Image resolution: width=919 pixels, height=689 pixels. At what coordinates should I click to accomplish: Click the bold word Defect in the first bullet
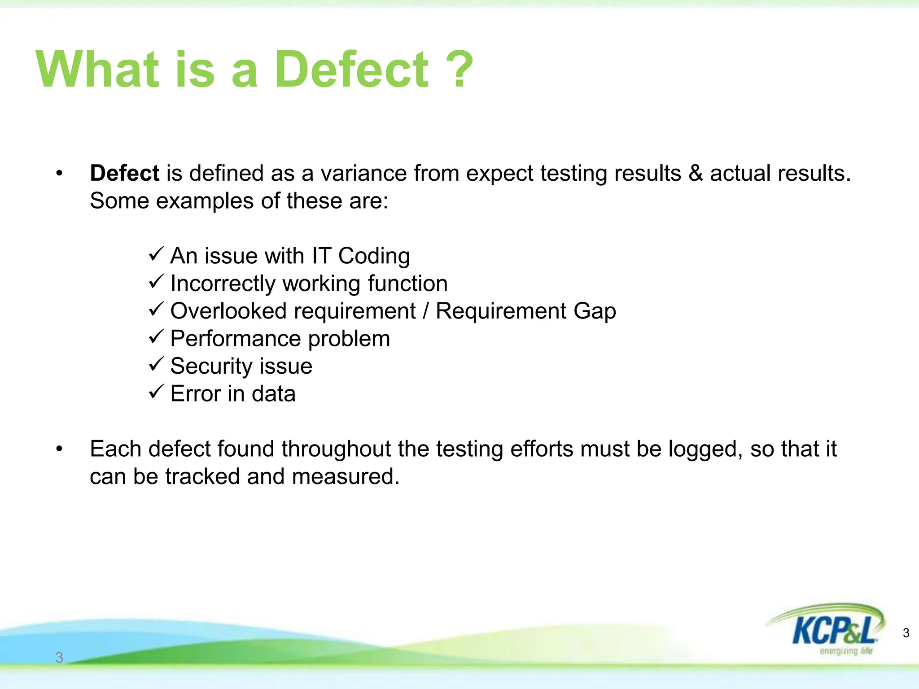click(124, 174)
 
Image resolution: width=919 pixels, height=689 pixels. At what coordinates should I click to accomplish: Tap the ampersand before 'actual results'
click(695, 174)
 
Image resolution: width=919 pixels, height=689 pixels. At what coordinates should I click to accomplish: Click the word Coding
click(374, 257)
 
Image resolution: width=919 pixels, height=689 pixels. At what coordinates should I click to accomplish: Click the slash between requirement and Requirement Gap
click(425, 311)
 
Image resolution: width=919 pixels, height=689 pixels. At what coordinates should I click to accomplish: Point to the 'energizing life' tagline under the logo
click(845, 651)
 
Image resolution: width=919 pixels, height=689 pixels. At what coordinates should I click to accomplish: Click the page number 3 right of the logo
click(906, 633)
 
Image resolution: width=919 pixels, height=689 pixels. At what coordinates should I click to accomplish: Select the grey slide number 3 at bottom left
click(59, 658)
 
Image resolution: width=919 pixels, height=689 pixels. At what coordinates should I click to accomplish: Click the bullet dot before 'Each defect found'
click(59, 449)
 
